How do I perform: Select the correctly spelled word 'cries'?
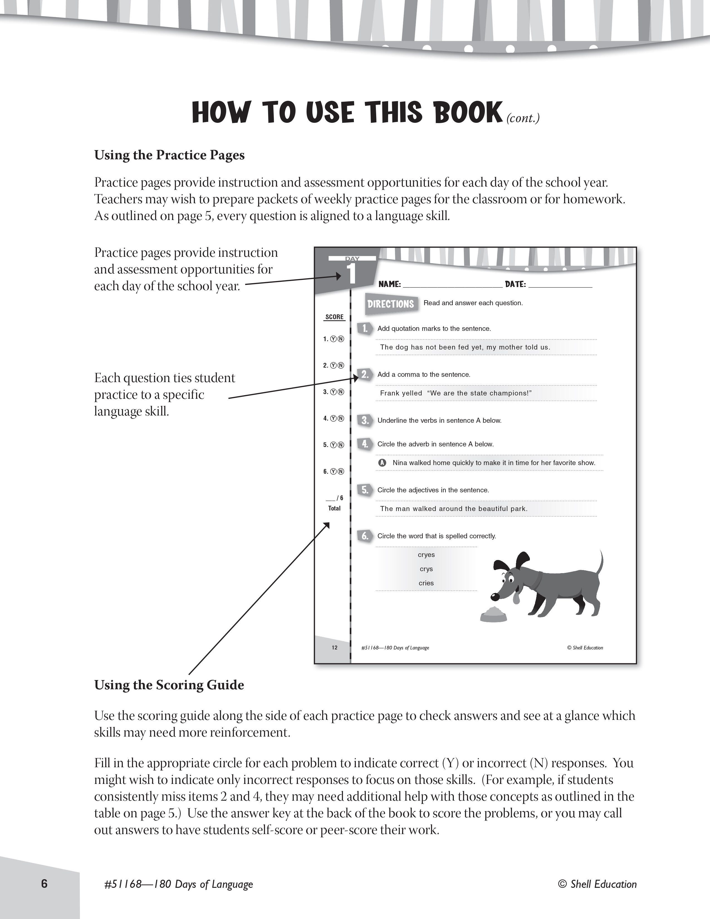pos(426,583)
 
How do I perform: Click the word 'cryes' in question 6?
pos(426,554)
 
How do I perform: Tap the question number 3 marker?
pos(365,420)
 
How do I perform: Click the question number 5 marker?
pos(365,490)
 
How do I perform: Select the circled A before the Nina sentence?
pos(382,463)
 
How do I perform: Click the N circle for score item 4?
pos(341,418)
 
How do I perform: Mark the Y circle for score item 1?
pos(334,339)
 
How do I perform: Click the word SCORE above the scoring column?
pos(334,317)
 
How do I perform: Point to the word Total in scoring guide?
pos(334,508)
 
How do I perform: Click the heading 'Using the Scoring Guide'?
pos(169,685)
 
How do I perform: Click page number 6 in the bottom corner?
pos(45,883)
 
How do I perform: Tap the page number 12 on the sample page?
pos(334,647)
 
